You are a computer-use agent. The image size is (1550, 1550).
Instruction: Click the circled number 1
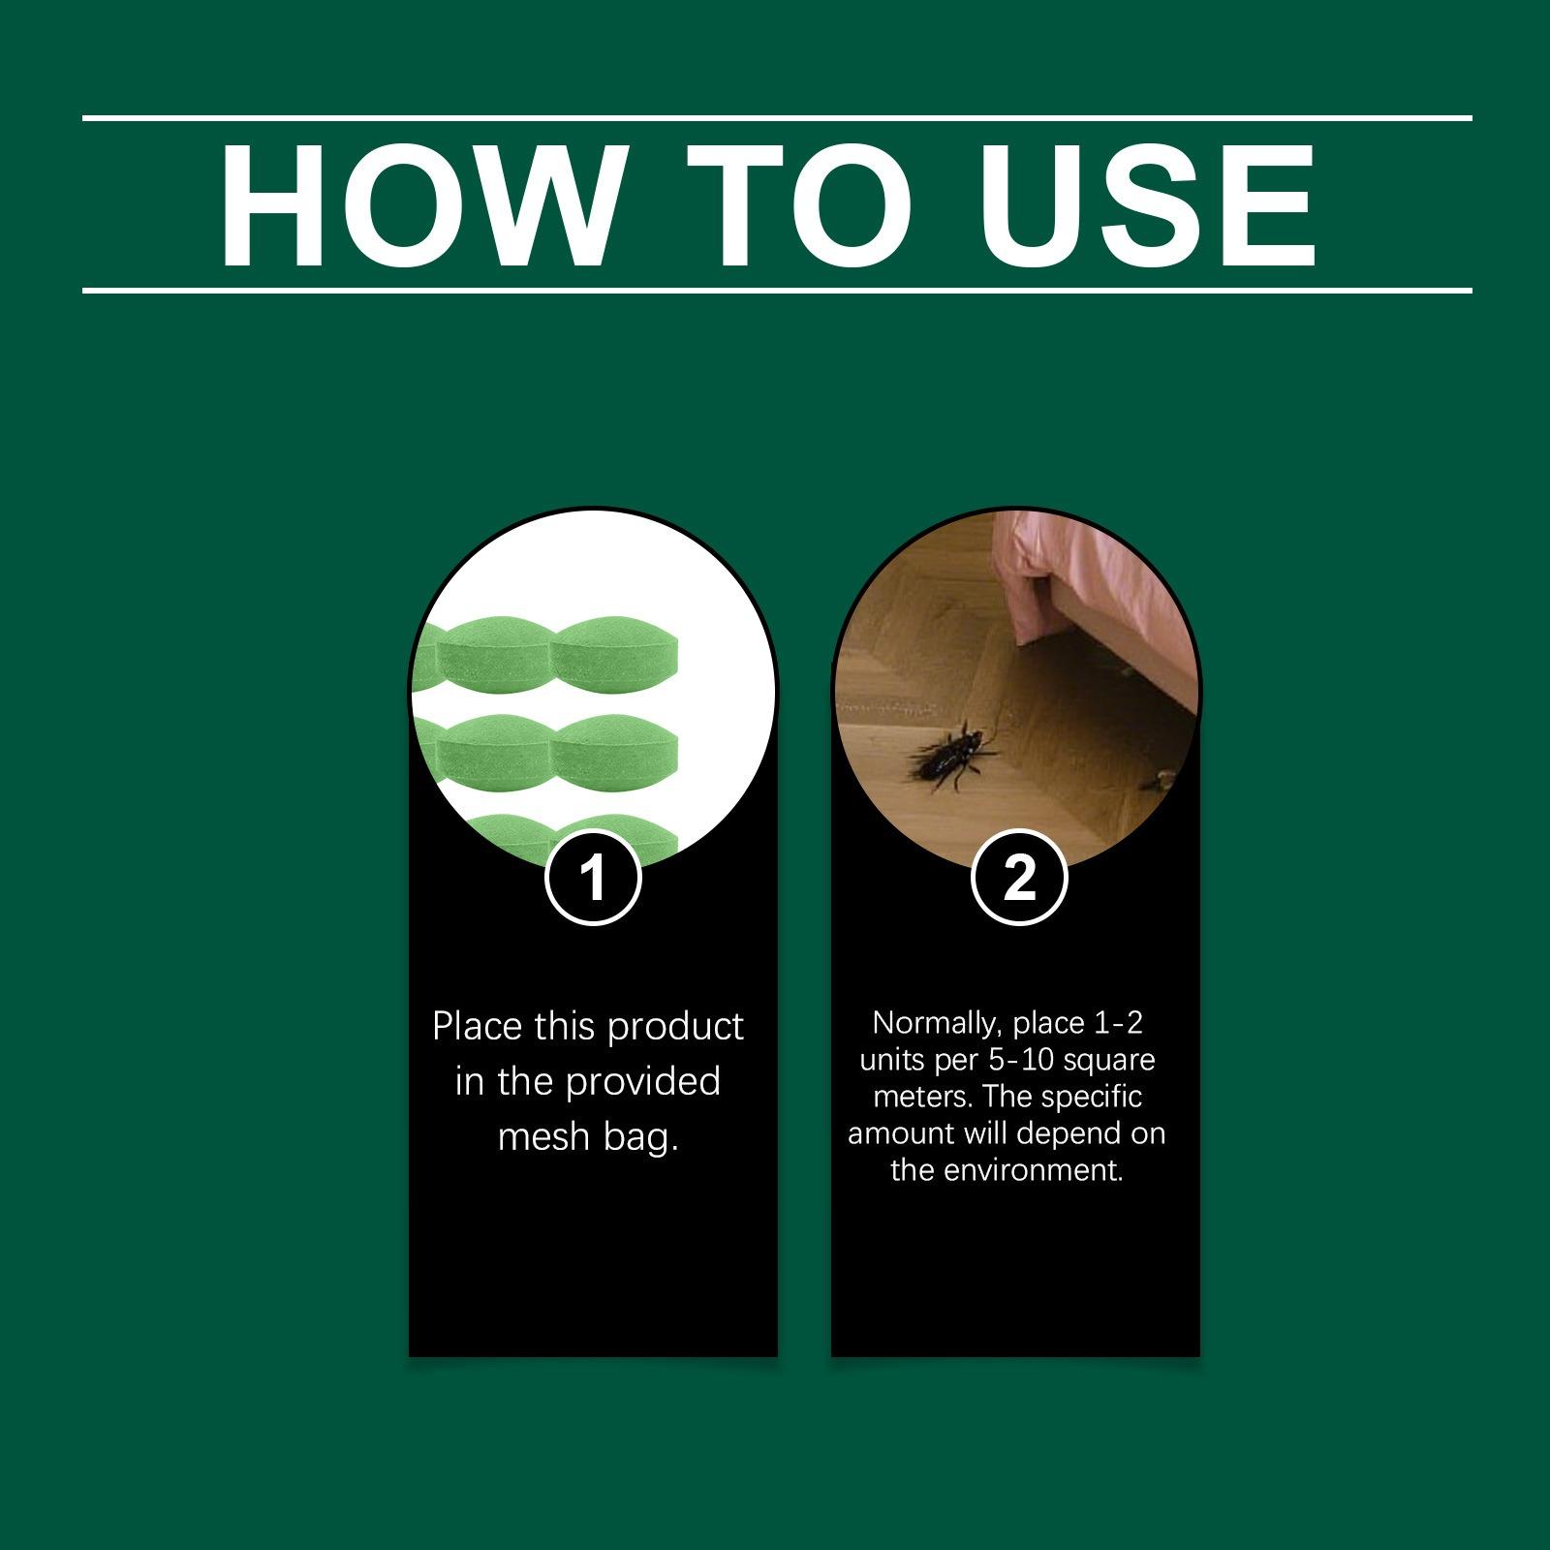[593, 879]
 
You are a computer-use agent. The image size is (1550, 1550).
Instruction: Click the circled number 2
[1019, 879]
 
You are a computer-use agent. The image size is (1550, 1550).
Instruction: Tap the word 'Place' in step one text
[477, 1027]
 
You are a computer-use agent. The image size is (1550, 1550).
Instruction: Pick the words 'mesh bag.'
[588, 1137]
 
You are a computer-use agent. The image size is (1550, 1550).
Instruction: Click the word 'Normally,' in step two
[934, 1023]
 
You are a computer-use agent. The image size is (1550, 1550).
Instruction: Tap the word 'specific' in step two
[1093, 1097]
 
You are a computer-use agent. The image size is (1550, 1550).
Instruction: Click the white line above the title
[775, 118]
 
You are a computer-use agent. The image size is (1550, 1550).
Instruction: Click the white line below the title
[775, 290]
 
